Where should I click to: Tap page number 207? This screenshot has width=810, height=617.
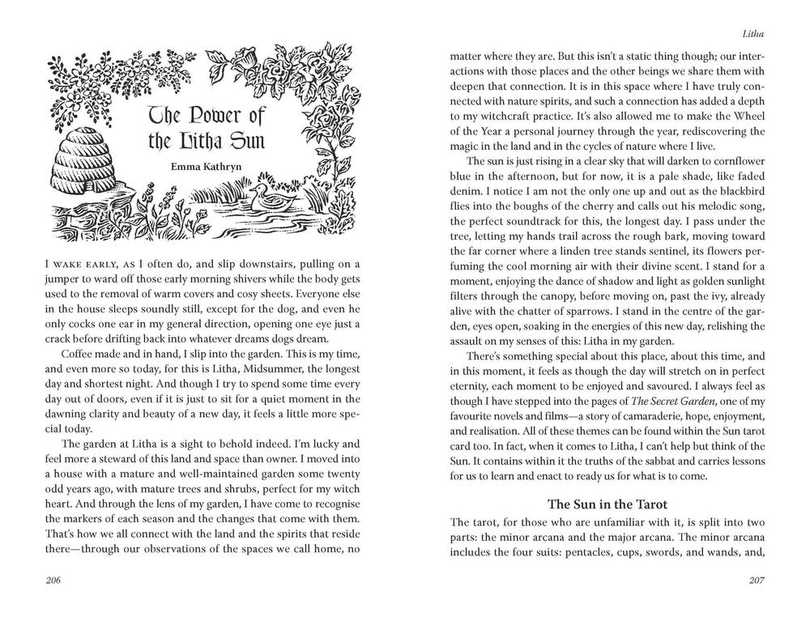click(x=753, y=581)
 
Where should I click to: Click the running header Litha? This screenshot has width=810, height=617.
click(x=752, y=35)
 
